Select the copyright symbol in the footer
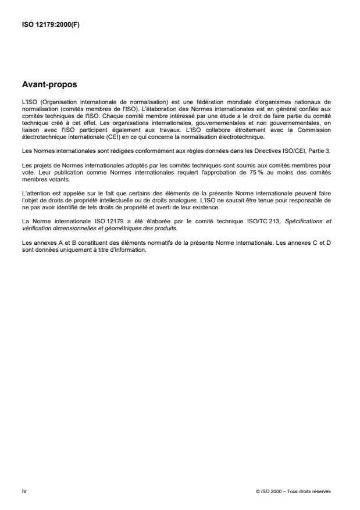pyautogui.click(x=258, y=491)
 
